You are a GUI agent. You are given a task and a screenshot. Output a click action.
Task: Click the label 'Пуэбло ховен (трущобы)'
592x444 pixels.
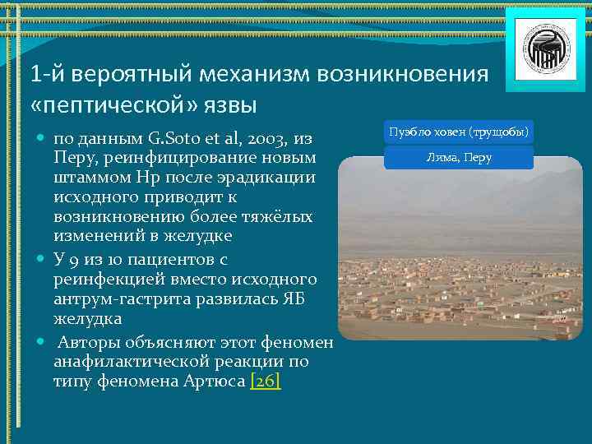point(459,132)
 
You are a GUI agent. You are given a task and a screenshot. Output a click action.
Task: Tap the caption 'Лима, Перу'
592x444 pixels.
point(459,158)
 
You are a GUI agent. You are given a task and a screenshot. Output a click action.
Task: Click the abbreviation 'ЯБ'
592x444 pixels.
point(293,300)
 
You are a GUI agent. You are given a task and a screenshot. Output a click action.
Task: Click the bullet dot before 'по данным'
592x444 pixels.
point(40,136)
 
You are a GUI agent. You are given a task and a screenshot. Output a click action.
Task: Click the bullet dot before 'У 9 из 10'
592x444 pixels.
point(40,258)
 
